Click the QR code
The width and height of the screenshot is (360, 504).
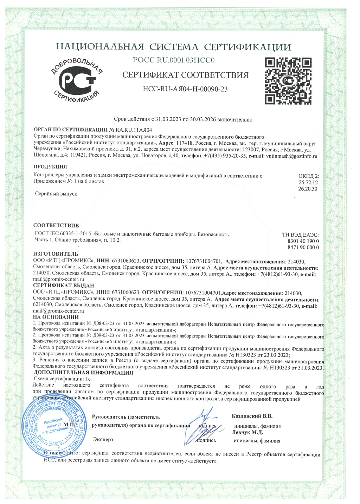[288, 81]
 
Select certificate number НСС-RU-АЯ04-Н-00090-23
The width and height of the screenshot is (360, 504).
[185, 89]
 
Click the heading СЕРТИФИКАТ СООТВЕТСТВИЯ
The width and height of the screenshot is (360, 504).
[185, 75]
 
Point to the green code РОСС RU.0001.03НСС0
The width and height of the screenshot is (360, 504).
[174, 60]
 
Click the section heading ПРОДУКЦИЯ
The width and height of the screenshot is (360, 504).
[50, 167]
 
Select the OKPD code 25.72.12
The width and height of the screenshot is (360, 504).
[308, 183]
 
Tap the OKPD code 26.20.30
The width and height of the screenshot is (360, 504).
[308, 189]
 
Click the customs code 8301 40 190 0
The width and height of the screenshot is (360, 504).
[303, 241]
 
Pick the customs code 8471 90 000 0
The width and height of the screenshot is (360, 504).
[303, 248]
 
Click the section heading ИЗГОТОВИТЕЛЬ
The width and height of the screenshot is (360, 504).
[56, 254]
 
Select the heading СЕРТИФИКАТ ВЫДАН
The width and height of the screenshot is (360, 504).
[64, 286]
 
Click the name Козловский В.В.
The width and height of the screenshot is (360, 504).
[252, 416]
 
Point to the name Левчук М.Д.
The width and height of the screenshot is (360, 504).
[247, 432]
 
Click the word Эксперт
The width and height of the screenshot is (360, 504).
[103, 439]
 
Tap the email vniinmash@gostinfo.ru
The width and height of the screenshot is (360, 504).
[292, 156]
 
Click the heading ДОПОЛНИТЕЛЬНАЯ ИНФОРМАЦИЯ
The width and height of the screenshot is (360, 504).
[83, 373]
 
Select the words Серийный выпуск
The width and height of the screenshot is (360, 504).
[56, 194]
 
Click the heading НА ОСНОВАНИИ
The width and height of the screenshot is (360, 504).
[56, 317]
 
